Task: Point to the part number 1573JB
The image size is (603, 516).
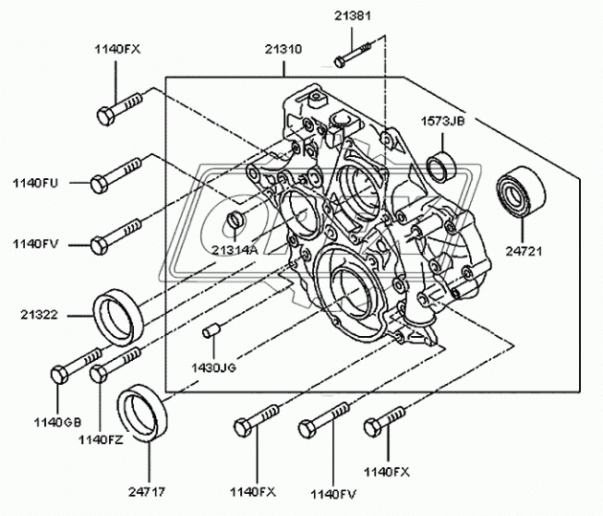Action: (443, 122)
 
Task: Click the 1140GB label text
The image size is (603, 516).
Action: (58, 422)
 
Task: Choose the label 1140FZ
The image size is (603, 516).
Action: (101, 438)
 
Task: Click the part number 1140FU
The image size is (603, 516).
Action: (35, 181)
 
